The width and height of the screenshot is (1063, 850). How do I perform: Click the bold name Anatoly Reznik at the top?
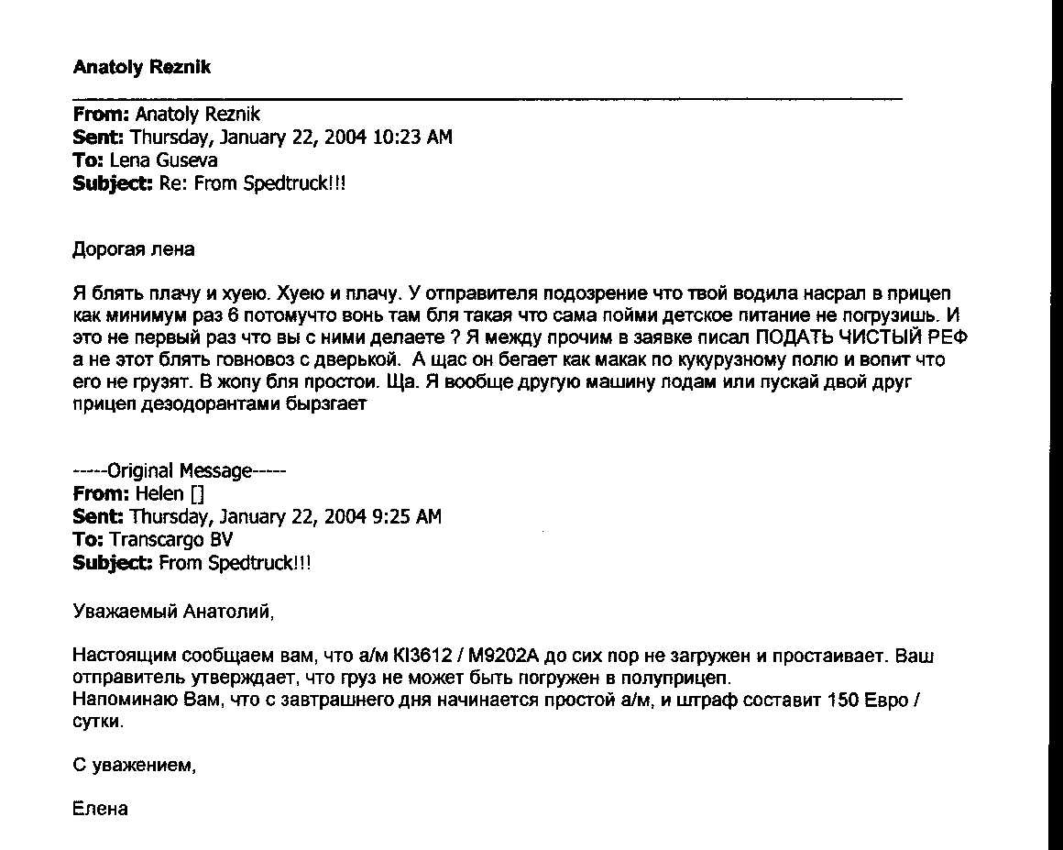pos(141,67)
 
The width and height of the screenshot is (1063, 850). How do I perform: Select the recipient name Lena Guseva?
pos(164,160)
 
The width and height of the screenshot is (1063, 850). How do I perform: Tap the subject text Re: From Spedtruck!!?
pos(247,182)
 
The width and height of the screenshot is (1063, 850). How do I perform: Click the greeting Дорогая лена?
pos(133,248)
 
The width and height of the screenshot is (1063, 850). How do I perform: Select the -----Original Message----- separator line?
pos(180,471)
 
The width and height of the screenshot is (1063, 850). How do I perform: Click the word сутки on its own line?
pos(96,723)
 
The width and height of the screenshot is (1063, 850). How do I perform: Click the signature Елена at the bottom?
pos(99,810)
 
